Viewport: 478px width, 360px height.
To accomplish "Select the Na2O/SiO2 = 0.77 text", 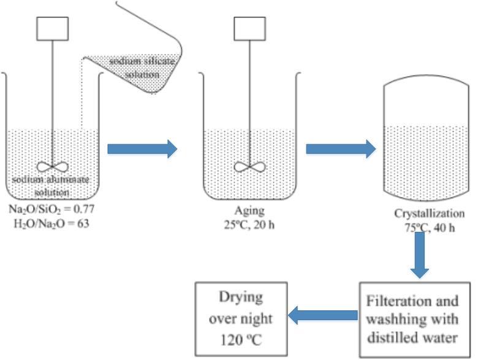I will click(51, 209).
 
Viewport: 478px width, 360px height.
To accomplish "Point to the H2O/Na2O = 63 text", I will click(51, 221).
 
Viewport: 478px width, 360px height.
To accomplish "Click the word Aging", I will click(250, 210).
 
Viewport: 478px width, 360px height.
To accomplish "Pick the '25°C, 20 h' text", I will click(250, 223).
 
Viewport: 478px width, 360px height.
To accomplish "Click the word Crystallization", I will click(429, 214).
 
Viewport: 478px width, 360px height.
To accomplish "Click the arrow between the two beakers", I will click(142, 148).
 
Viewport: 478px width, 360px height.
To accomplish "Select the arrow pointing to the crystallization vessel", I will click(340, 148).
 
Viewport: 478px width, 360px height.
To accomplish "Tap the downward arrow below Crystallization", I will click(419, 254).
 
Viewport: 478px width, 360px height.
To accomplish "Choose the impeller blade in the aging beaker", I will click(250, 167).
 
